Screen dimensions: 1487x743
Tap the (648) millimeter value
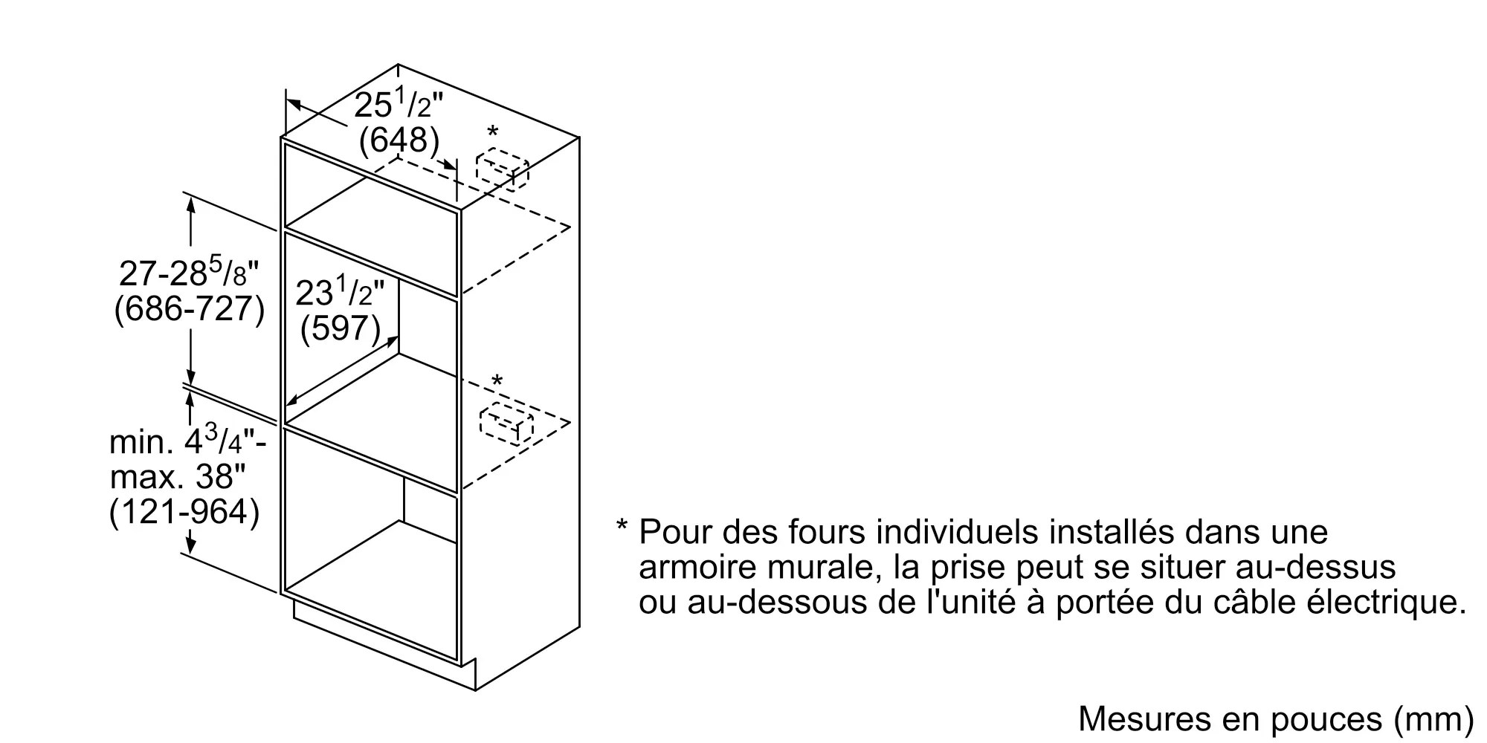click(399, 140)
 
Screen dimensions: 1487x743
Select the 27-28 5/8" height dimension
click(189, 273)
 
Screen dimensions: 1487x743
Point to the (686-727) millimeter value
click(189, 309)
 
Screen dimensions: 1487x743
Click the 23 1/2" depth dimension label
click(340, 292)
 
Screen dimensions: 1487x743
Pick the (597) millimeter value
click(341, 328)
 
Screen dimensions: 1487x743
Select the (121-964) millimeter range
click(184, 513)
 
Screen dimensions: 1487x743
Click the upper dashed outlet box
click(502, 170)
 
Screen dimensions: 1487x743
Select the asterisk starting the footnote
click(622, 526)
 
